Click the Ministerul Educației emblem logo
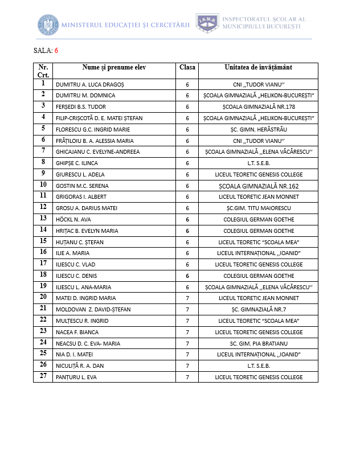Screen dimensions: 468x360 tap(48, 24)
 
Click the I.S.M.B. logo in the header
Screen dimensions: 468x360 tap(207, 23)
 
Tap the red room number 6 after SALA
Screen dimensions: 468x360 tap(56, 51)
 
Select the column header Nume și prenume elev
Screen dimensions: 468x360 tap(114, 67)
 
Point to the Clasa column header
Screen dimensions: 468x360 tap(187, 67)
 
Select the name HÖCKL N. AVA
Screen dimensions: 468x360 tap(73, 220)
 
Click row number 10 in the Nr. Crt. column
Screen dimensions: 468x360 tap(43, 185)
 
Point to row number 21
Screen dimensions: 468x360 tap(43, 309)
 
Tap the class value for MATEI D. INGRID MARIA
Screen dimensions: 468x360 tap(187, 298)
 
